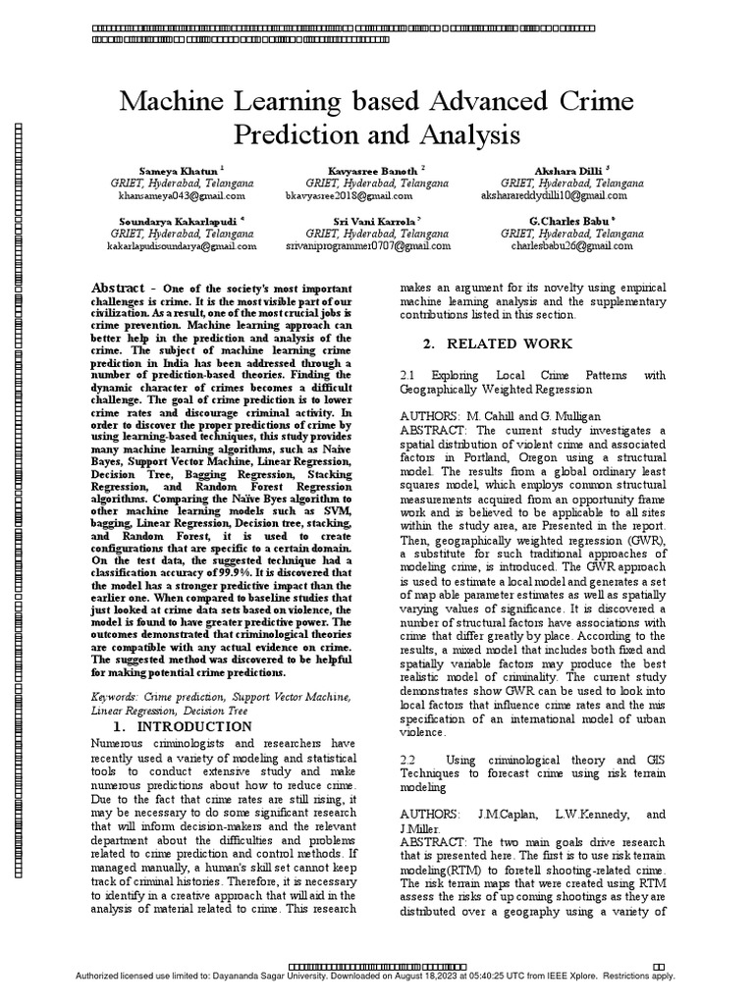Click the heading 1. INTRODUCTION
[183, 726]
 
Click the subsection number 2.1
[410, 375]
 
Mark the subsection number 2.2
[410, 761]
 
